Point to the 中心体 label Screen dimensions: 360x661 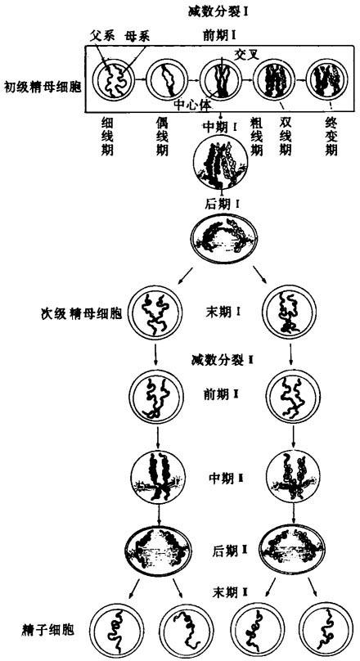tap(192, 104)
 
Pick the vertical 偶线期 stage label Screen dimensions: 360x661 tap(162, 137)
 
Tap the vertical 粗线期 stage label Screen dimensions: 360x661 tap(256, 137)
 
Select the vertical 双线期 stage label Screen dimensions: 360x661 tap(286, 137)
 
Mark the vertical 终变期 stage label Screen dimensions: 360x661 tap(331, 137)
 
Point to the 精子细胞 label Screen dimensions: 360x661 tap(47, 630)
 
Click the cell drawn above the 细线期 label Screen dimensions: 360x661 tap(114, 78)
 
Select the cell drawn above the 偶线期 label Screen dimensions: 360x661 tap(167, 79)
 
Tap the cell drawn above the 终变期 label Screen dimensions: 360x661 tap(327, 79)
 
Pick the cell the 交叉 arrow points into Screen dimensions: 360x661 tap(220, 79)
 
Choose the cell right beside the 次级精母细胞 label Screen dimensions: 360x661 tap(155, 313)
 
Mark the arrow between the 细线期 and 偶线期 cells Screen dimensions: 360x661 tap(141, 79)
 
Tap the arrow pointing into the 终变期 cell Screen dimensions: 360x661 tap(300, 79)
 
